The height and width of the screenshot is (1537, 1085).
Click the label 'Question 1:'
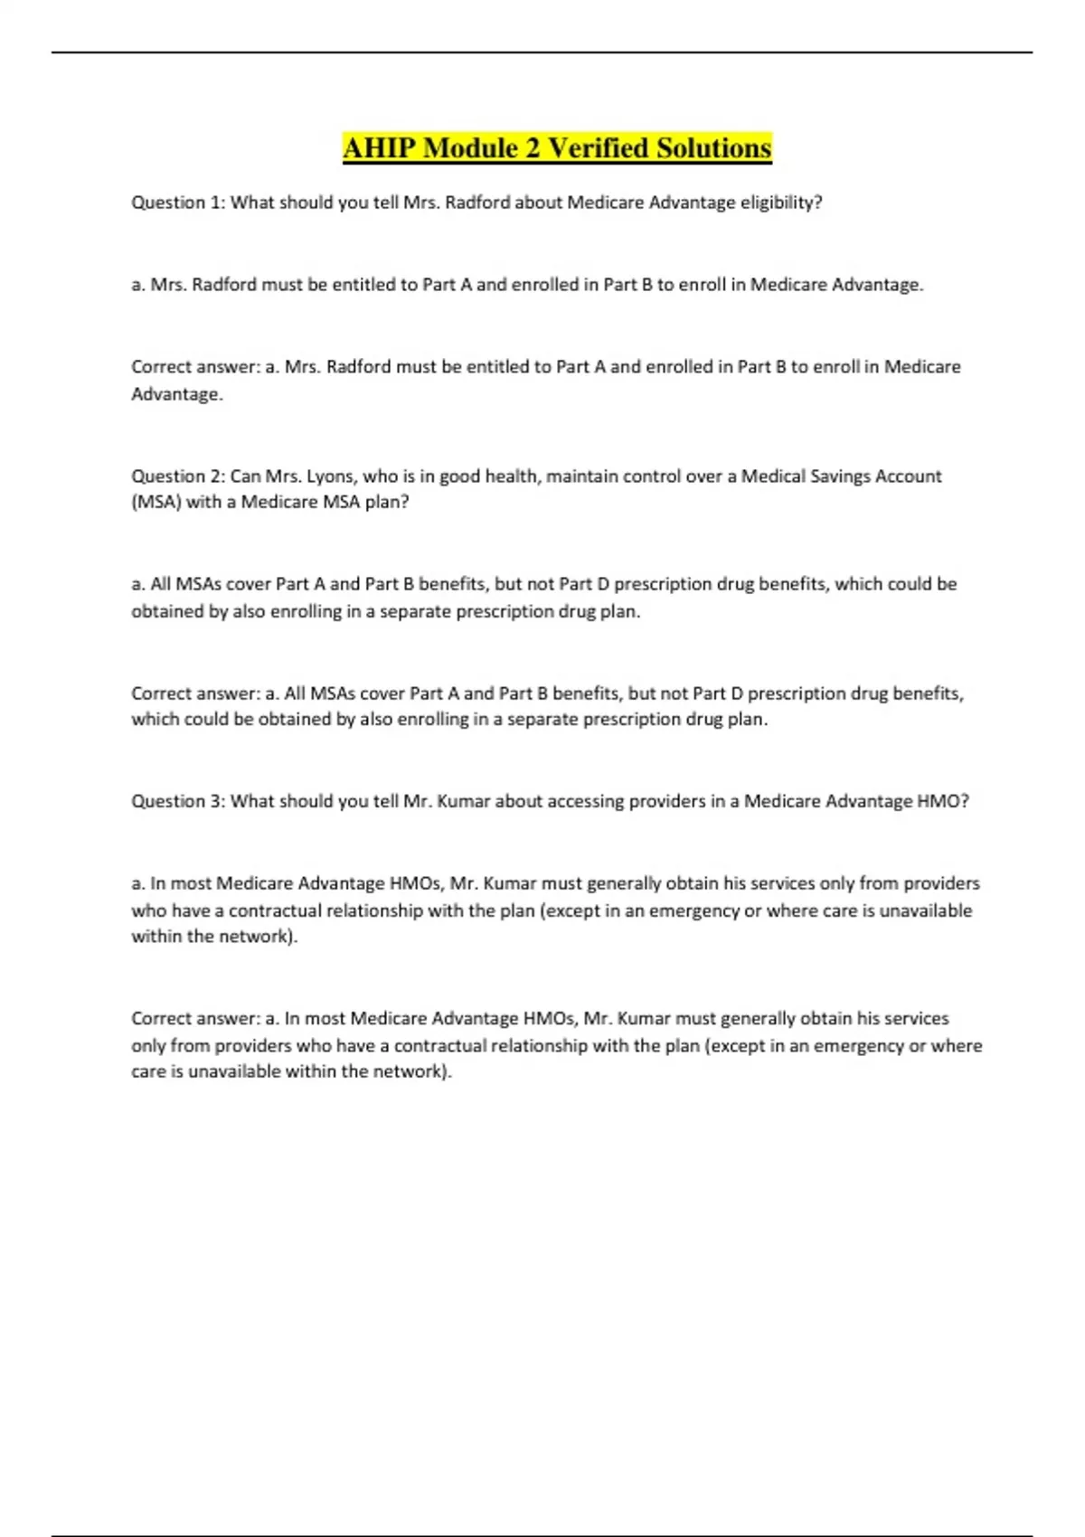point(178,203)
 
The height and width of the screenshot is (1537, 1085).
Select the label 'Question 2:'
point(178,476)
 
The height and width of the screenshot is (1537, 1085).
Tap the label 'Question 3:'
point(178,801)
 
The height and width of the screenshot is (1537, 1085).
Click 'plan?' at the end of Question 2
point(387,502)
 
